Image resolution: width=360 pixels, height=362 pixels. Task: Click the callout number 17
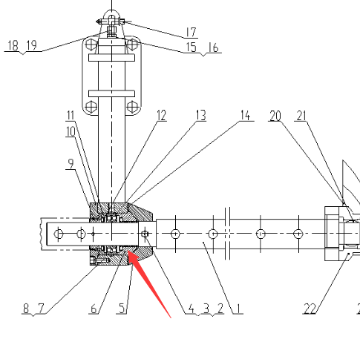click(x=191, y=32)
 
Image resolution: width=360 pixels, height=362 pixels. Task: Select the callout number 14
click(x=246, y=116)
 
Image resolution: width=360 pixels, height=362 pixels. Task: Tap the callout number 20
click(x=275, y=116)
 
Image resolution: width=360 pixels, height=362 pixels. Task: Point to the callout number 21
click(x=301, y=116)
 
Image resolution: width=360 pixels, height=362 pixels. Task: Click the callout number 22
click(x=310, y=309)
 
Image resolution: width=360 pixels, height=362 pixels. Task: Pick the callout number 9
click(x=71, y=163)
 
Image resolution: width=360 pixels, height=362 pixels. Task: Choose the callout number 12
click(x=162, y=116)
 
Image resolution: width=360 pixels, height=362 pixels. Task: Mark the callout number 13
click(x=201, y=116)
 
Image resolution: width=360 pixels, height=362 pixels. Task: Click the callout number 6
click(x=94, y=309)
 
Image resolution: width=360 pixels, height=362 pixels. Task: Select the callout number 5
click(x=122, y=309)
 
